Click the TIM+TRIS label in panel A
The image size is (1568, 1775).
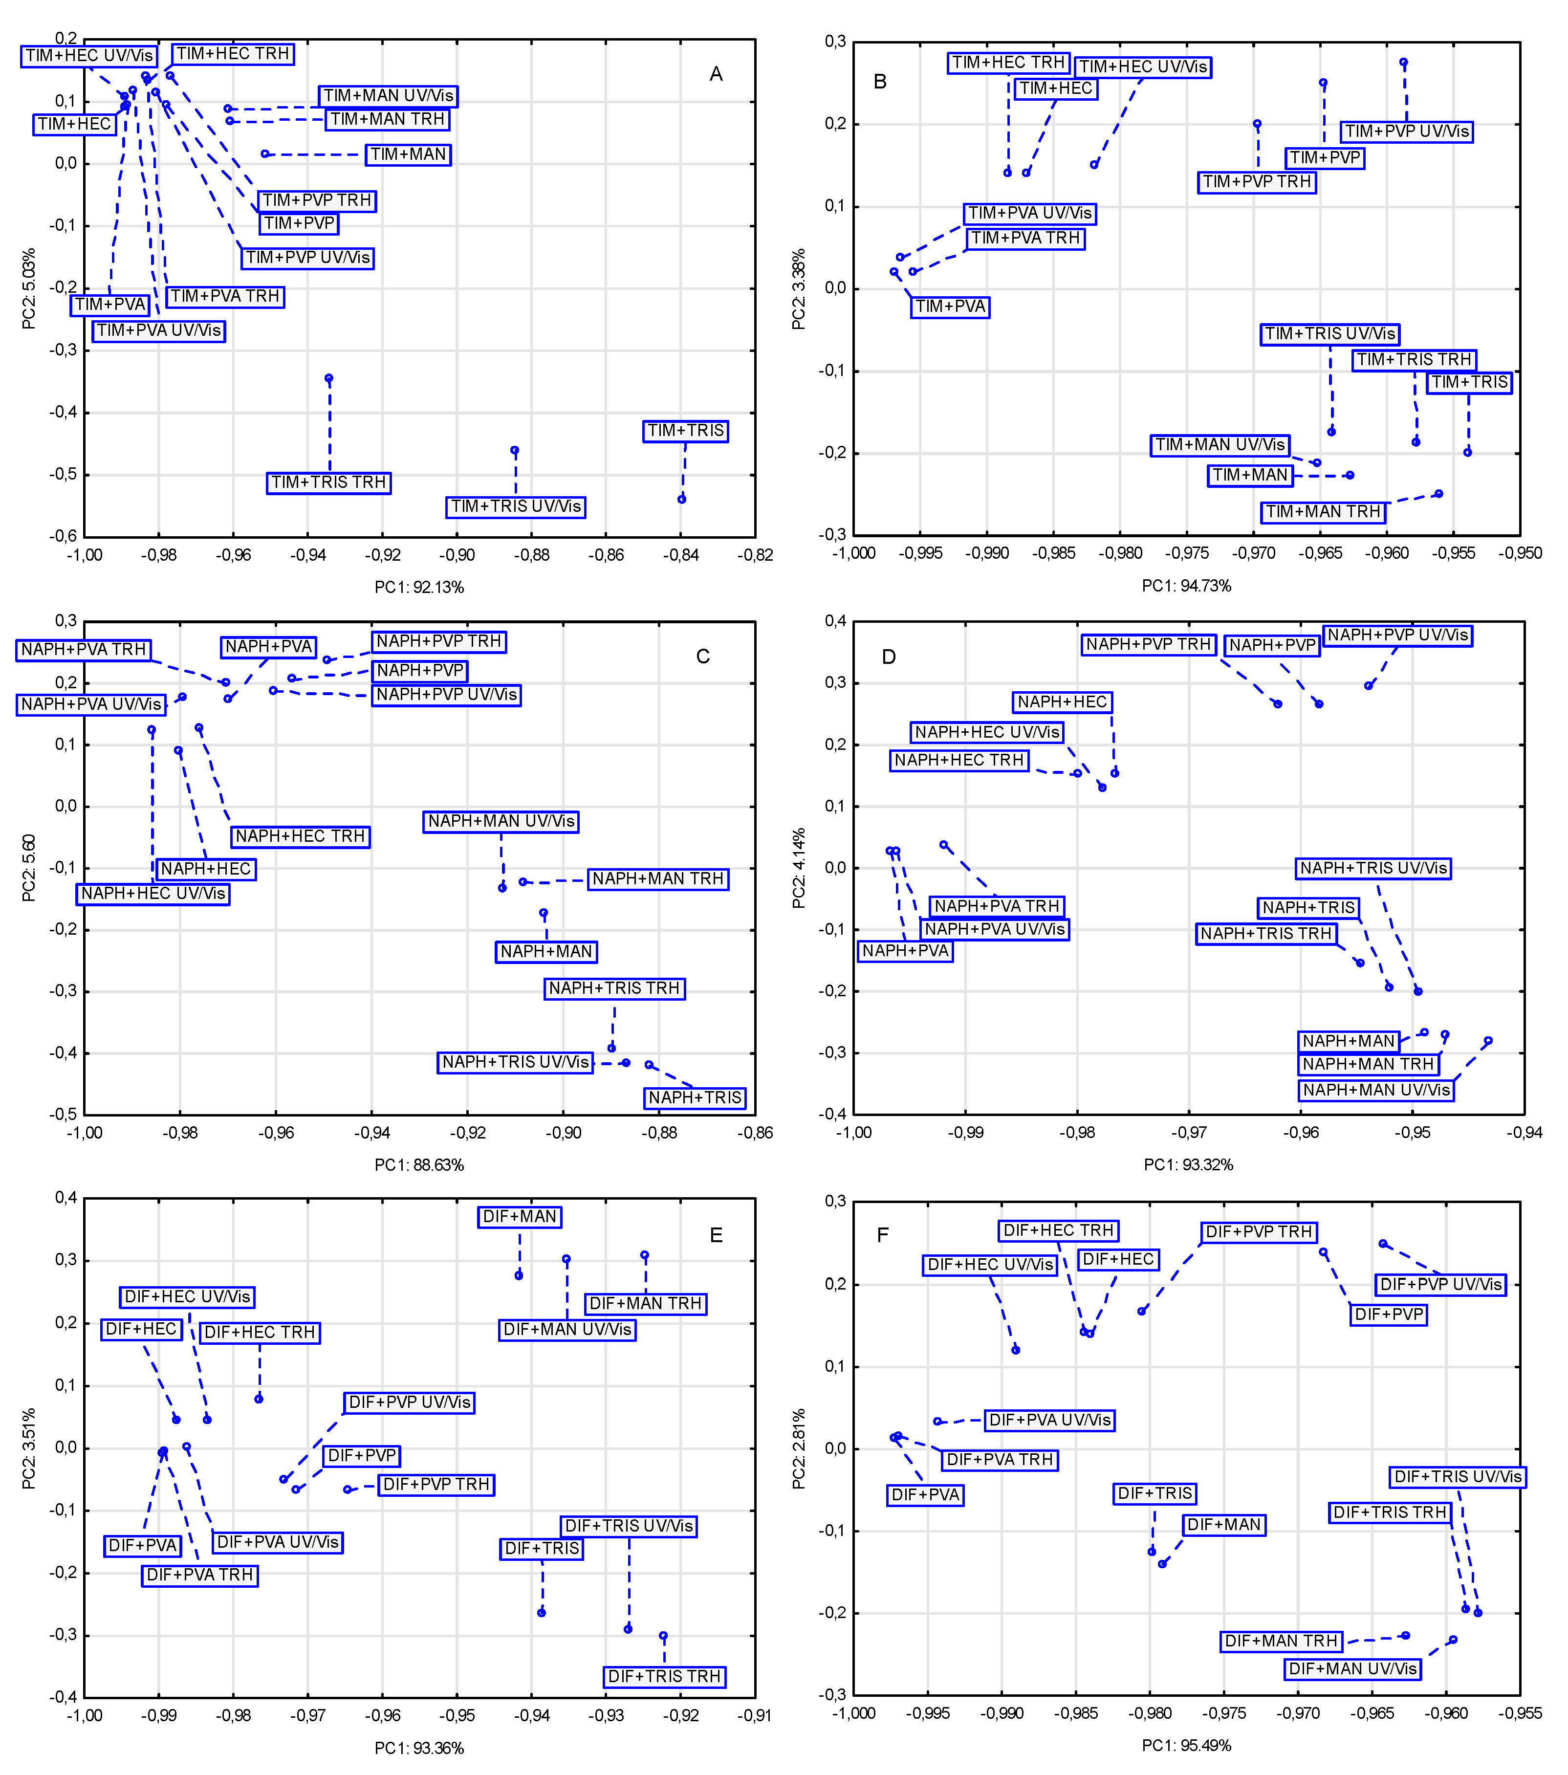tap(685, 431)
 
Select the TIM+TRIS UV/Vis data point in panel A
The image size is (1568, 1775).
tap(515, 451)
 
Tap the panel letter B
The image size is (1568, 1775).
tap(879, 82)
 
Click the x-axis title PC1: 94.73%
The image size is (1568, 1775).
tap(1186, 586)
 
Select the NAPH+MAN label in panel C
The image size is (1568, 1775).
tap(546, 952)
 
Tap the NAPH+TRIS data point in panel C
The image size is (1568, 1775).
tap(649, 1065)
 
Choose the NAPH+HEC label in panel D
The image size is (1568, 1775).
tap(1062, 701)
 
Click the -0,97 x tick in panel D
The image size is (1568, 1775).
tap(1189, 1132)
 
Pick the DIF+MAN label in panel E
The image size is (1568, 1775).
tap(519, 1217)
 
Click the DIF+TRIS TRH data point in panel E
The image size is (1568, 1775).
tap(663, 1636)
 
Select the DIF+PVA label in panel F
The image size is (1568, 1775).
tap(926, 1494)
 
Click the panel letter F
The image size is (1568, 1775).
tap(883, 1235)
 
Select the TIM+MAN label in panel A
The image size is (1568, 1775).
tap(408, 154)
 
